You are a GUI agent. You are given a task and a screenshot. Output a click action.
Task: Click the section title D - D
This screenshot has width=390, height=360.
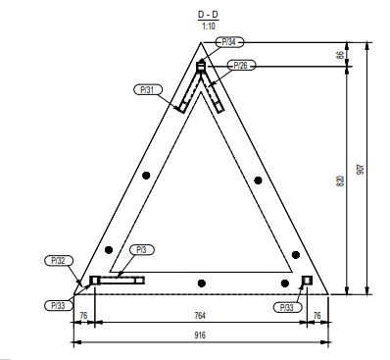(x=208, y=15)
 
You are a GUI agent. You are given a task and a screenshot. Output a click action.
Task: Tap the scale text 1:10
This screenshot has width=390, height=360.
(x=209, y=26)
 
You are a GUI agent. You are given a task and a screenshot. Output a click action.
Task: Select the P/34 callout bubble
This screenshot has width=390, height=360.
(x=230, y=42)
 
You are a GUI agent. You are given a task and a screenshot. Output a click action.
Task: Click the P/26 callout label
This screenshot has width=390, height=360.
(x=240, y=66)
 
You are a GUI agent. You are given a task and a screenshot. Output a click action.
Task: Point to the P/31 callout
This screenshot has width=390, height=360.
(x=148, y=89)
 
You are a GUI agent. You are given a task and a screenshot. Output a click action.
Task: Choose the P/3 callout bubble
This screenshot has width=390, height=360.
(x=141, y=250)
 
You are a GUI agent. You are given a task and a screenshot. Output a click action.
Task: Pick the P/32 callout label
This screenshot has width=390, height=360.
(x=59, y=261)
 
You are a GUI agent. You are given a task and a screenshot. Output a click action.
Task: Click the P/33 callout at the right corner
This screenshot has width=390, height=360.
(x=287, y=307)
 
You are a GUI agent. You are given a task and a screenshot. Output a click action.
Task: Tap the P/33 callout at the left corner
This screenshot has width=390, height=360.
(x=59, y=305)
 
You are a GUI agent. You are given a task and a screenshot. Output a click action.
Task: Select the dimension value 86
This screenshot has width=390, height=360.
(x=340, y=55)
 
